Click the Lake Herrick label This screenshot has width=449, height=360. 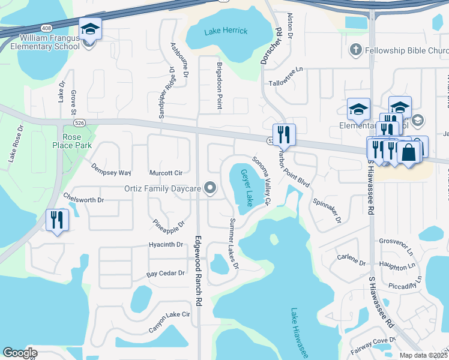(x=225, y=31)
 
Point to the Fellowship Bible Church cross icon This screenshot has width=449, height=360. (x=355, y=51)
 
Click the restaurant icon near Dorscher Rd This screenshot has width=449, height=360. (x=283, y=134)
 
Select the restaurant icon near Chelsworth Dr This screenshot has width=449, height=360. (x=58, y=220)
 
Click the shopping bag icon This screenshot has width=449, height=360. (x=409, y=152)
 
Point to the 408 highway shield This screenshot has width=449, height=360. (x=46, y=28)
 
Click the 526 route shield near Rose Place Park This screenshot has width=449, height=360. (x=79, y=122)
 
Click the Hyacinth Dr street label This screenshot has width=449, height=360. (x=165, y=245)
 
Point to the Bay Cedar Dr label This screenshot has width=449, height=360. (x=165, y=274)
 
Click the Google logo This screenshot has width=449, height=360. (x=20, y=353)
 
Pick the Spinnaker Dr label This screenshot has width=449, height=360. (x=327, y=209)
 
